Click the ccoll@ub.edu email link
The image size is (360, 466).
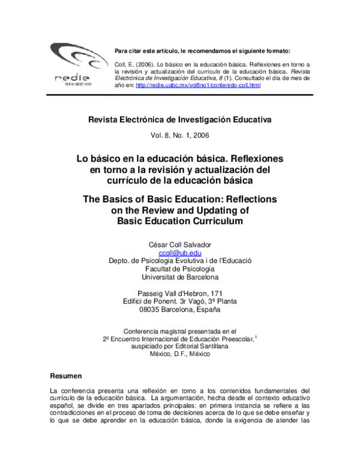click(x=179, y=253)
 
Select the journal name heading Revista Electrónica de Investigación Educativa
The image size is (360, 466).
click(x=180, y=120)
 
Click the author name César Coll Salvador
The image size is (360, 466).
click(x=180, y=244)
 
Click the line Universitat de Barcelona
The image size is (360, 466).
click(x=180, y=277)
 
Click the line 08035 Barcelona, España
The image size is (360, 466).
click(x=180, y=310)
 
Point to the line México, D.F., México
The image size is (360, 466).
click(x=180, y=354)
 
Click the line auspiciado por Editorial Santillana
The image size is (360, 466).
click(x=180, y=346)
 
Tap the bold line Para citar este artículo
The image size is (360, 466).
click(x=202, y=51)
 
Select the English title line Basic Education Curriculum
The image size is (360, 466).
click(x=180, y=221)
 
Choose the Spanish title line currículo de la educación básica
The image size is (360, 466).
click(x=180, y=180)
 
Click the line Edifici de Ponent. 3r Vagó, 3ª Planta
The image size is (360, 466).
click(x=180, y=301)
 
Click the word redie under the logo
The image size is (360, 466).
click(x=72, y=78)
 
